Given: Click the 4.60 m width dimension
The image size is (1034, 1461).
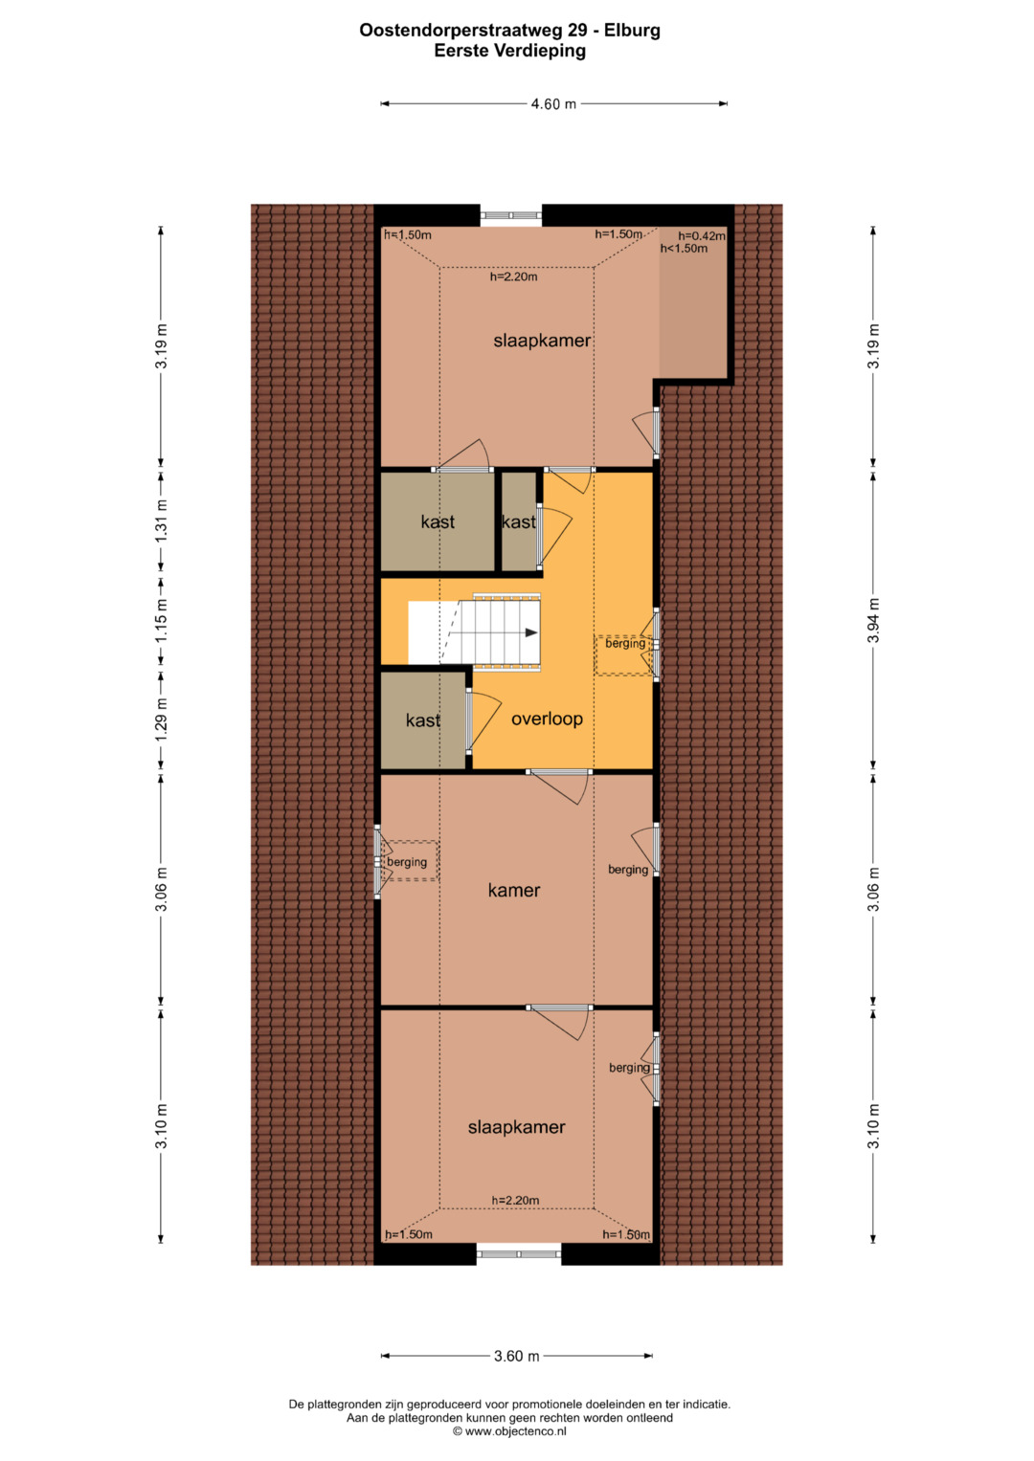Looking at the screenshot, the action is pos(553,103).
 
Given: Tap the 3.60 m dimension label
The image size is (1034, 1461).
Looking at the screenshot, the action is pos(516,1356).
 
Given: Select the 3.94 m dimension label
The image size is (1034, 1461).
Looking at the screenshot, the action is pos(873,620).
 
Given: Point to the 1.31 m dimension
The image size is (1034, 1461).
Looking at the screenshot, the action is pos(161,520).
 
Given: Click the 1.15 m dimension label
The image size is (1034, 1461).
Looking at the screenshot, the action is pos(161,620).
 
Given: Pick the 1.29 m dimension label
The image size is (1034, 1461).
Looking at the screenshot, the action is pos(161,719).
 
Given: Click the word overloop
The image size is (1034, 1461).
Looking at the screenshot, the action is pos(547,719).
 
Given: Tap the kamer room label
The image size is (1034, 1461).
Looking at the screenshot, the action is pos(514,891).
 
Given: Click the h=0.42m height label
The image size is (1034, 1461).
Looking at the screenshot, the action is pos(702,236).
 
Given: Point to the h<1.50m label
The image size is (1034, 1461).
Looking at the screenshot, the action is pos(684,249).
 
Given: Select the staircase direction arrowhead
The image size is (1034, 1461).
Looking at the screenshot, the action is pos(532,632).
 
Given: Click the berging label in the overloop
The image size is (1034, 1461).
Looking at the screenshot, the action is pos(625,644).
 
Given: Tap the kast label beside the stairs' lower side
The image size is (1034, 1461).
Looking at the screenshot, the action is pos(423,720).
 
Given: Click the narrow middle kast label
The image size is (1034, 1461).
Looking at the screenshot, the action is pos(519,521).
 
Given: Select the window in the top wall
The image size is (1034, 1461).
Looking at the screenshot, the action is pos(511,214).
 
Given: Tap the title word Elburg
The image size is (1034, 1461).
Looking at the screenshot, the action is pos(632,31).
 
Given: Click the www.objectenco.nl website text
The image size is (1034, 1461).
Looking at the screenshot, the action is pos(516,1431).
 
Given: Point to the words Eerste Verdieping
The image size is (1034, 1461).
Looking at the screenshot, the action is pos(509,51).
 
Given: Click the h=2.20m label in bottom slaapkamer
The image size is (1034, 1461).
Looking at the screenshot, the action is pos(516,1200).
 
